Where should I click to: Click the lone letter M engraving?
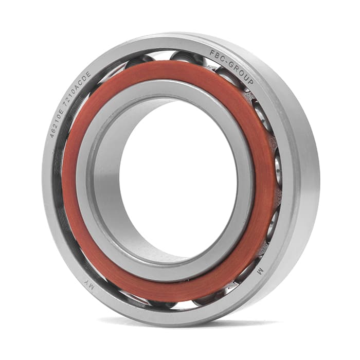click(260, 272)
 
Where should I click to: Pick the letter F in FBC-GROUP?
click(212, 53)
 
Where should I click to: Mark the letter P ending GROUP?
click(250, 81)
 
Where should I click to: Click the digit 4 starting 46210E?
click(52, 135)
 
